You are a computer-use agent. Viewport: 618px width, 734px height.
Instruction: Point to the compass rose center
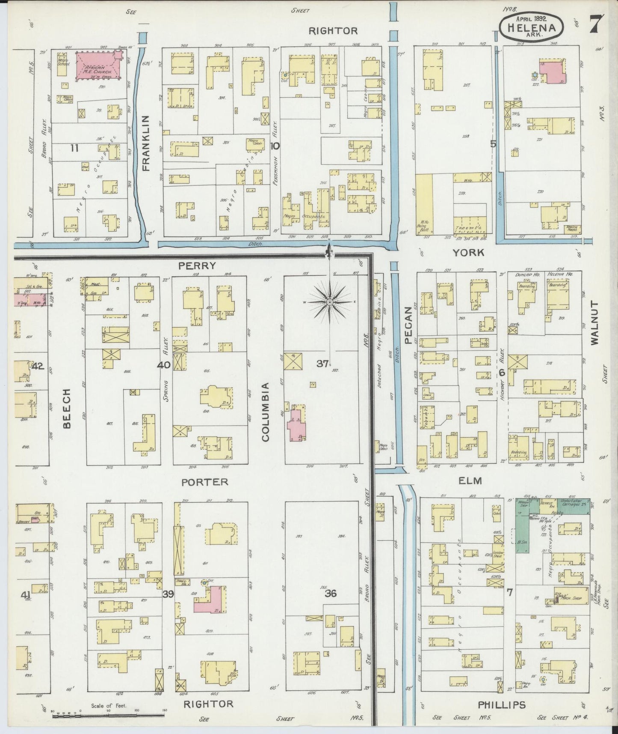(330, 302)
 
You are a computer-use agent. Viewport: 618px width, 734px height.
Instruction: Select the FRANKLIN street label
(146, 143)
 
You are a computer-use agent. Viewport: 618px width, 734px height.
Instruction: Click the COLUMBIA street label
(265, 412)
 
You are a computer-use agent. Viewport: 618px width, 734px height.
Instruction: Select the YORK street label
(469, 253)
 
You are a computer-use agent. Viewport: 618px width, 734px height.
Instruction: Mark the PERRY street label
(197, 266)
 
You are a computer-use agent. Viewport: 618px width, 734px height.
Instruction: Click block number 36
(331, 594)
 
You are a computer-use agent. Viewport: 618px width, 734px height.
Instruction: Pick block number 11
(75, 148)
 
